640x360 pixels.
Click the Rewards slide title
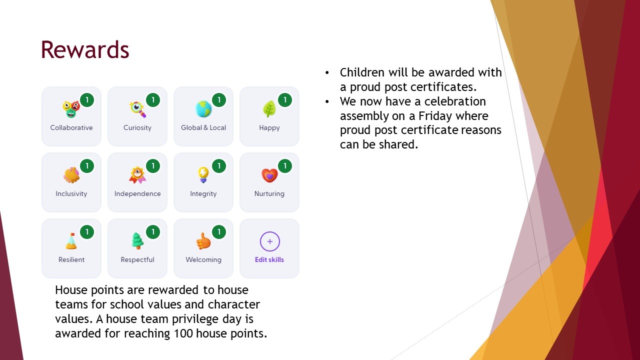(x=85, y=49)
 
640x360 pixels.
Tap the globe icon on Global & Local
(x=203, y=109)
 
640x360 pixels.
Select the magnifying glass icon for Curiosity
(x=137, y=109)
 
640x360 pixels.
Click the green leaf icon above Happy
(x=269, y=109)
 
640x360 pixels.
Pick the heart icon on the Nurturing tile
(x=269, y=175)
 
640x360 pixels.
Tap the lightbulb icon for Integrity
(x=203, y=174)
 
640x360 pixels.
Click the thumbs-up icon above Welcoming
(x=203, y=241)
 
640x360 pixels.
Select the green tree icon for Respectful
(x=137, y=241)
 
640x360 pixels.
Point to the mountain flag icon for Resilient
(x=71, y=241)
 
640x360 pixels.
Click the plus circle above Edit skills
(x=269, y=241)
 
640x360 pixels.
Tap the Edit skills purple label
(x=269, y=259)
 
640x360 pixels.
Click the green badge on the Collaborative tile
(x=87, y=100)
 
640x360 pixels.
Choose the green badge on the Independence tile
(x=153, y=166)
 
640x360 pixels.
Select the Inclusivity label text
(x=71, y=193)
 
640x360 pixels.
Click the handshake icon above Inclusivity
(x=71, y=175)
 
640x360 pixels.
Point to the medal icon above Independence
(x=137, y=175)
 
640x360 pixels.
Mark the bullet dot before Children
(x=327, y=73)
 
